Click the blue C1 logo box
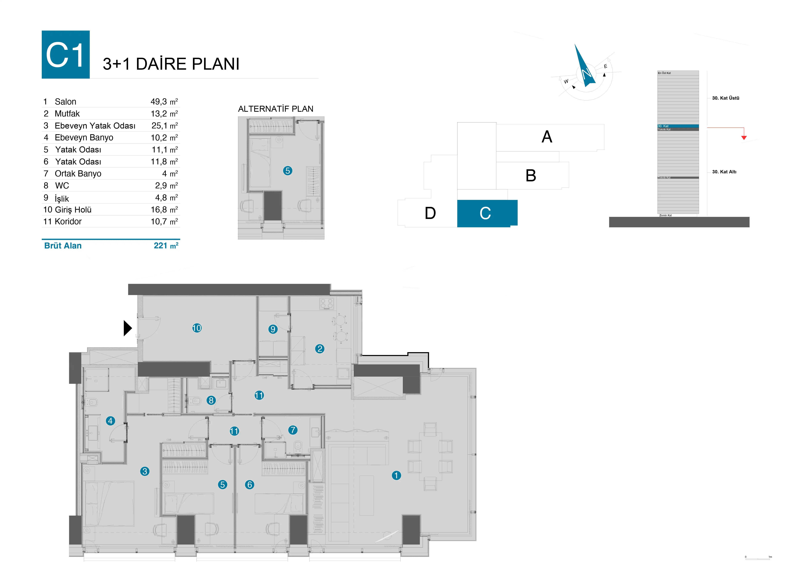[x=66, y=54]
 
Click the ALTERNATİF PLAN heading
[x=276, y=109]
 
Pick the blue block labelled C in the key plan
[x=487, y=213]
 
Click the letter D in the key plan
[x=430, y=213]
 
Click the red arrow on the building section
[x=744, y=137]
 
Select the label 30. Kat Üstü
[x=725, y=98]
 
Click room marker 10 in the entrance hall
[x=197, y=328]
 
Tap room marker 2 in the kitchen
[x=319, y=349]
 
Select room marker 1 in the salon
[x=396, y=475]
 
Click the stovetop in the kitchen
[x=326, y=304]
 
